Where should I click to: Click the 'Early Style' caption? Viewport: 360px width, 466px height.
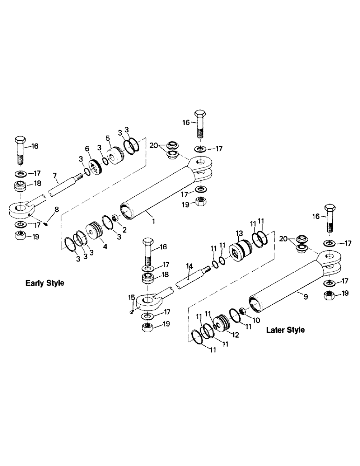click(45, 283)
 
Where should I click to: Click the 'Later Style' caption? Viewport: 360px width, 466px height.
click(285, 330)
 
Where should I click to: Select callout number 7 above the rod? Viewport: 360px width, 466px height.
click(55, 176)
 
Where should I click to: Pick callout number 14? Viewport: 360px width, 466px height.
click(189, 267)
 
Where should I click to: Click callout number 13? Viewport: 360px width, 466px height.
click(239, 232)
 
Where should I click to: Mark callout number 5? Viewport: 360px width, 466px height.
click(107, 138)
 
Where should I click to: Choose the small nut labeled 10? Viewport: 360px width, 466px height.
click(242, 311)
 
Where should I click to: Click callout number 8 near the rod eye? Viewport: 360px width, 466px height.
click(57, 210)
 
